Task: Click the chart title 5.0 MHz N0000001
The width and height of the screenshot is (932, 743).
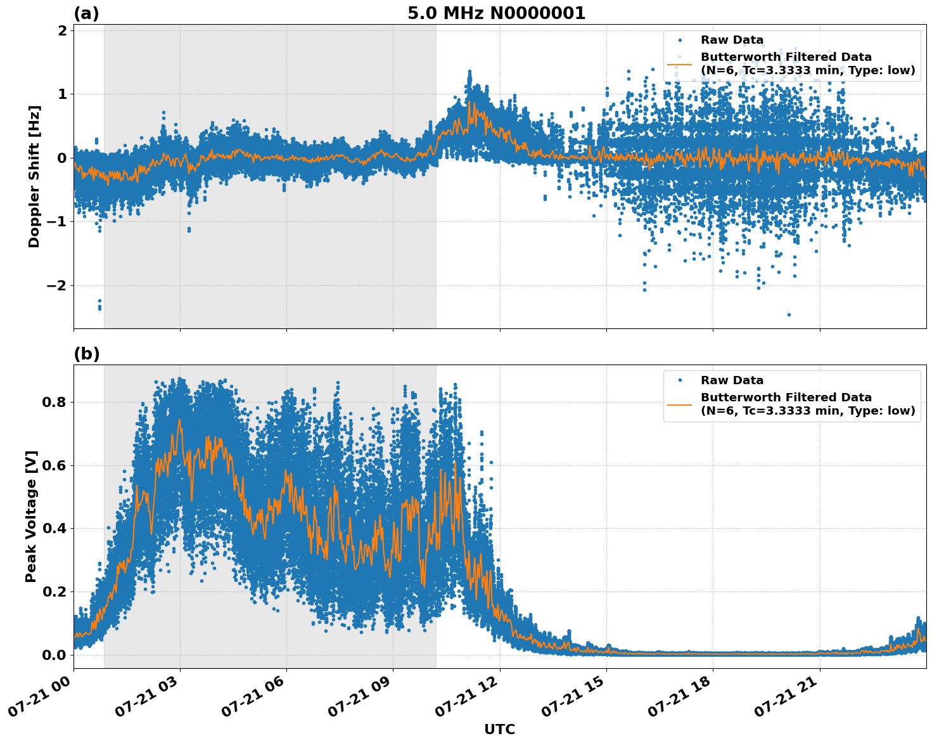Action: (x=496, y=13)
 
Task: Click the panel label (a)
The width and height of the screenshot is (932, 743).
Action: (x=86, y=13)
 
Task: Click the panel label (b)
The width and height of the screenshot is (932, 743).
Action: (x=87, y=354)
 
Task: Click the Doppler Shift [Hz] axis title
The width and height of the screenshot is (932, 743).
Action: (x=34, y=176)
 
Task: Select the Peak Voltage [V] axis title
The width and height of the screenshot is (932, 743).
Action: (x=31, y=516)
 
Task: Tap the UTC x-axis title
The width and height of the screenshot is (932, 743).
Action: (x=499, y=729)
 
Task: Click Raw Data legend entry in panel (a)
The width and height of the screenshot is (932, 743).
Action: (x=732, y=40)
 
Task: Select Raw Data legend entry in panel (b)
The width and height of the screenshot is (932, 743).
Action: (x=732, y=380)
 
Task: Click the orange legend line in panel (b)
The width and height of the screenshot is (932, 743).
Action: (x=679, y=404)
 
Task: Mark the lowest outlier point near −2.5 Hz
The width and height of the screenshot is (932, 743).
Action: (x=789, y=314)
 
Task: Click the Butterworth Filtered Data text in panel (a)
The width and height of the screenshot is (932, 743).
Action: (x=786, y=57)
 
